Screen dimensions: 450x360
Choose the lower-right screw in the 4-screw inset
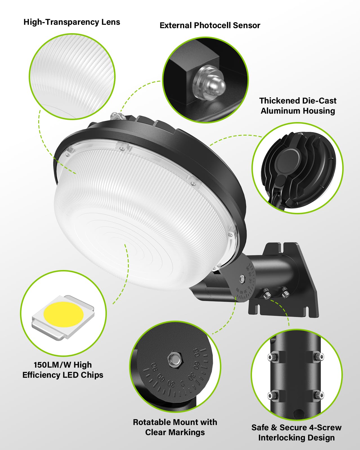click(x=319, y=395)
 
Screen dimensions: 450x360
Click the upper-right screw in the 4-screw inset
click(x=319, y=357)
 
